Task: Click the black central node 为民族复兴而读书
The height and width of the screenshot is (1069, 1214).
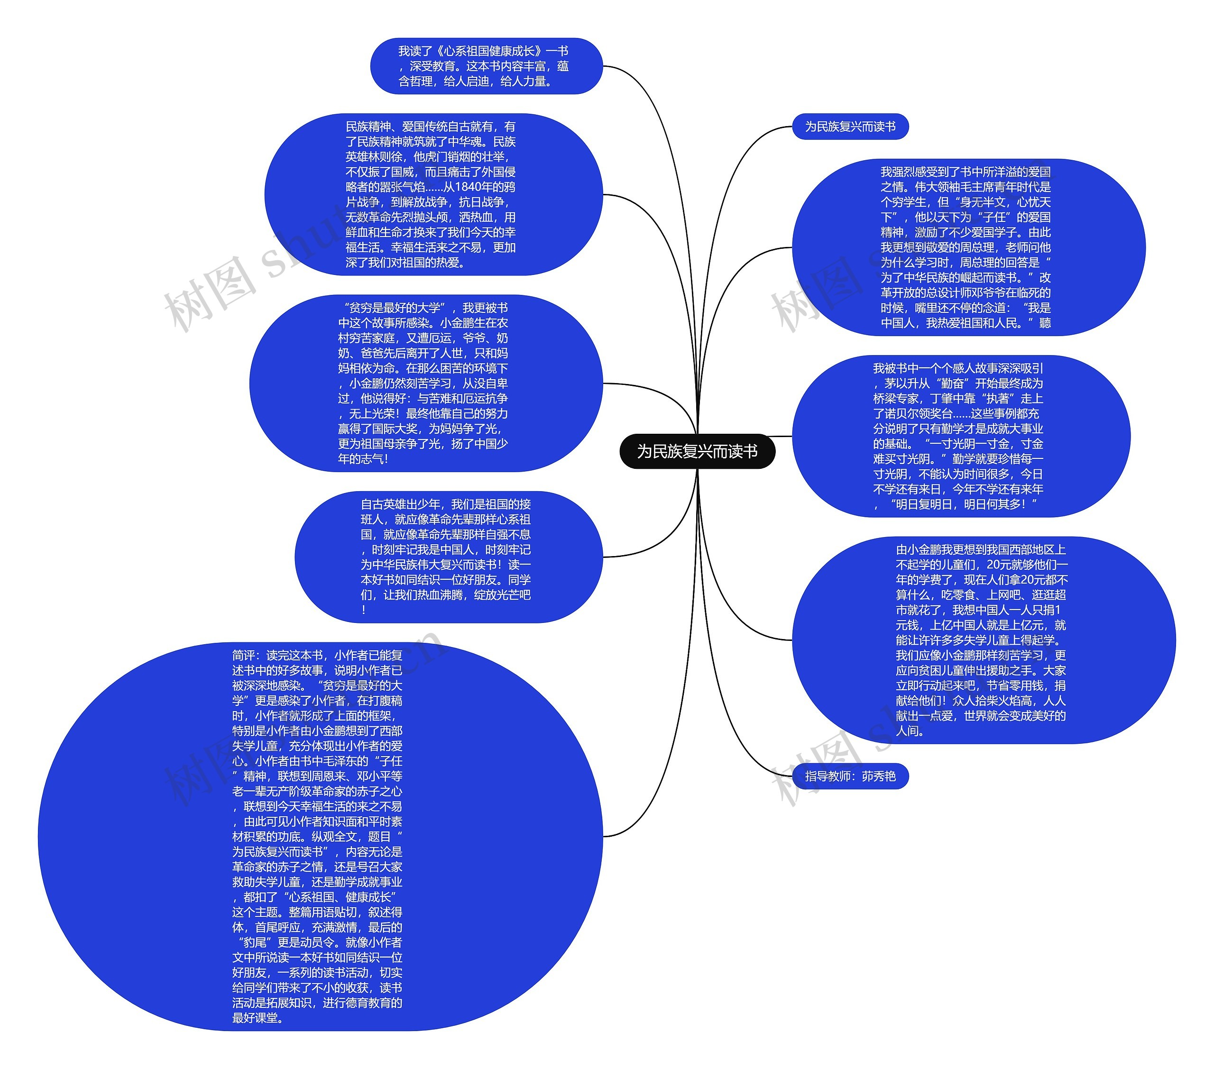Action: click(x=697, y=451)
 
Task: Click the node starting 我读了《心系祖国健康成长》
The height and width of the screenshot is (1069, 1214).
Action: click(x=486, y=66)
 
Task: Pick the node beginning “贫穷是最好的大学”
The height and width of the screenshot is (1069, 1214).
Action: click(x=425, y=383)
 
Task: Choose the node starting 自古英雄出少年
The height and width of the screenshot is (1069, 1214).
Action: click(x=449, y=557)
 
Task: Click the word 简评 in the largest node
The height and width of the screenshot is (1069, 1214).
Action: click(x=244, y=655)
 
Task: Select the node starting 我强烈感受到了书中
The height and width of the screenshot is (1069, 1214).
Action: click(x=968, y=247)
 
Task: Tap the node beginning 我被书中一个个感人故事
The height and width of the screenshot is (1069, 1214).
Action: click(x=961, y=436)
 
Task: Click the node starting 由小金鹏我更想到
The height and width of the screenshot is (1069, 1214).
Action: click(x=983, y=640)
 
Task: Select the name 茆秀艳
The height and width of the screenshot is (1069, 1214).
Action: click(x=879, y=776)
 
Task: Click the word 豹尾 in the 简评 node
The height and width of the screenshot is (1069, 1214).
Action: click(x=256, y=942)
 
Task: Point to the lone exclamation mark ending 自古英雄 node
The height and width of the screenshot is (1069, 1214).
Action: click(x=363, y=610)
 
